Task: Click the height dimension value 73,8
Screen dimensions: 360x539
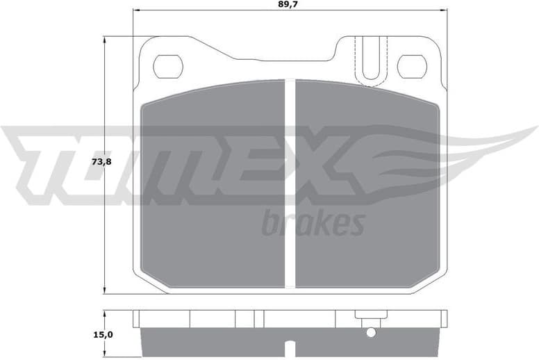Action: point(101,162)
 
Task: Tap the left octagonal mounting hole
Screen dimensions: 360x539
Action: point(167,66)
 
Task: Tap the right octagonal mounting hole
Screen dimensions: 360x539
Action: point(412,66)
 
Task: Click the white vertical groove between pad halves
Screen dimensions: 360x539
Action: point(290,184)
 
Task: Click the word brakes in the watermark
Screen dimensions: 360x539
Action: point(313,224)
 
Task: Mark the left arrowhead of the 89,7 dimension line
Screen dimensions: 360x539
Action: point(135,11)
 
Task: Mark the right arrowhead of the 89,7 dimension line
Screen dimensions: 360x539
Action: point(445,11)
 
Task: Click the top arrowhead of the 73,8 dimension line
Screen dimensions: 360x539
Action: point(105,40)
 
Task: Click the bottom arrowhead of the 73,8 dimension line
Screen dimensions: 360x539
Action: point(105,290)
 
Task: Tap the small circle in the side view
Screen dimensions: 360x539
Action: point(371,332)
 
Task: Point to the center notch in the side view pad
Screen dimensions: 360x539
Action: point(290,345)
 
